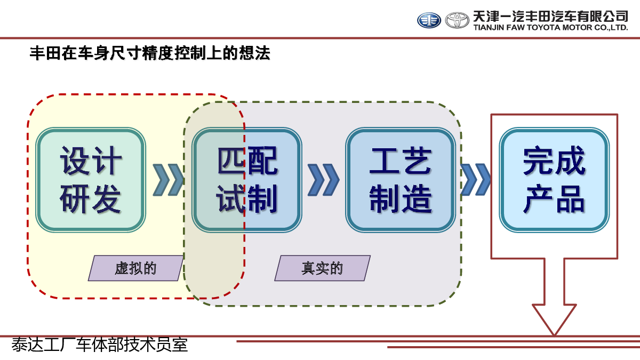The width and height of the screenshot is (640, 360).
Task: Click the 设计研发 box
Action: pos(91,180)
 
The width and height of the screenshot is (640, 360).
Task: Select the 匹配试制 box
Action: pos(247,180)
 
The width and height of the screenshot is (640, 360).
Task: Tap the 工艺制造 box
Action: pos(401,180)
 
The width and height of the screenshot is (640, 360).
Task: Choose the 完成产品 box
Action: pos(554,180)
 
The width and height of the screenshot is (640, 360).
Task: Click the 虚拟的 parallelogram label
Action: pos(135,268)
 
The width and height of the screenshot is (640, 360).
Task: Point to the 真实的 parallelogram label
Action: pos(322,268)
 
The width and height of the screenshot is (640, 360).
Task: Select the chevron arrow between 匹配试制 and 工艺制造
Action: pos(323,180)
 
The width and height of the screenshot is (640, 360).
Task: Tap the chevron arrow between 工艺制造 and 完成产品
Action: pos(476,180)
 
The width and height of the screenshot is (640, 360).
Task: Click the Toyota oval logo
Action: pos(457,20)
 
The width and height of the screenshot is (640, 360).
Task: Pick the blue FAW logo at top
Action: pos(429,20)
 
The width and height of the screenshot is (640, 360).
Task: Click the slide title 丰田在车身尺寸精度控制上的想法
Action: pos(150,54)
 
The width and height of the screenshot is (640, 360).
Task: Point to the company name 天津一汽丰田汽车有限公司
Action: pos(550,16)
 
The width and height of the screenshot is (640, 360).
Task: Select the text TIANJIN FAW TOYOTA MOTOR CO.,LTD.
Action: pos(550,28)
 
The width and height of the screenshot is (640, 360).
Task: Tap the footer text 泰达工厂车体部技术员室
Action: pos(100,345)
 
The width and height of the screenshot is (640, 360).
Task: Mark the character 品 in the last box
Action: pos(570,200)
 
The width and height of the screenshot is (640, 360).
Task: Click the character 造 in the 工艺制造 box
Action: pos(417,200)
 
